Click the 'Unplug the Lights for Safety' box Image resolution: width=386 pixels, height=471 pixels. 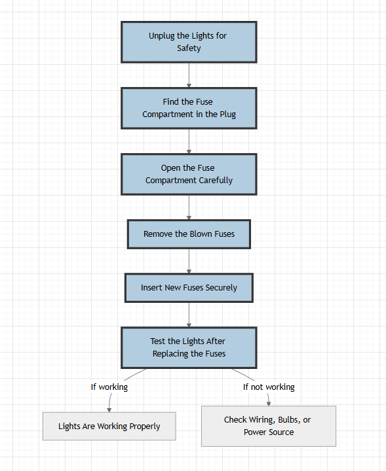[189, 42]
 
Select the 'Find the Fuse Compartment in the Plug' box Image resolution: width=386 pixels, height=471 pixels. [189, 108]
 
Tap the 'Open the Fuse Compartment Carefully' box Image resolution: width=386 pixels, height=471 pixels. [189, 174]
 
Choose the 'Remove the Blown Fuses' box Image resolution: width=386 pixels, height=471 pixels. [189, 234]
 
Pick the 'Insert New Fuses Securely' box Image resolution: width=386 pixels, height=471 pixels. [189, 287]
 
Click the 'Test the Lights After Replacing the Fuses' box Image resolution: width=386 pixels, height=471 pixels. [189, 347]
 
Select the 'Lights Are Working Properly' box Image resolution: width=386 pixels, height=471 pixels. [109, 426]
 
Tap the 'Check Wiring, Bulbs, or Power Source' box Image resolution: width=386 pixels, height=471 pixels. [268, 426]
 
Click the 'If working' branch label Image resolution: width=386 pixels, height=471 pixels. [109, 387]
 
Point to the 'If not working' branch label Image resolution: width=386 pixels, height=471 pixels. [269, 387]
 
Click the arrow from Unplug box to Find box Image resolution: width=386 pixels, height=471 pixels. [189, 75]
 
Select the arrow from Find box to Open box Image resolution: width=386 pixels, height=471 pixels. [189, 141]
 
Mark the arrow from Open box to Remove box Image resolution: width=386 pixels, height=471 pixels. [189, 207]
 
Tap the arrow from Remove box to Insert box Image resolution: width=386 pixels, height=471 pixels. [189, 261]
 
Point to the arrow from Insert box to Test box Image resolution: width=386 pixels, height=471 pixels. [189, 315]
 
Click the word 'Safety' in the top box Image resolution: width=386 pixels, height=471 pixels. [189, 48]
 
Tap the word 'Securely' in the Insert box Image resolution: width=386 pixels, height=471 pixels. [220, 288]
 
